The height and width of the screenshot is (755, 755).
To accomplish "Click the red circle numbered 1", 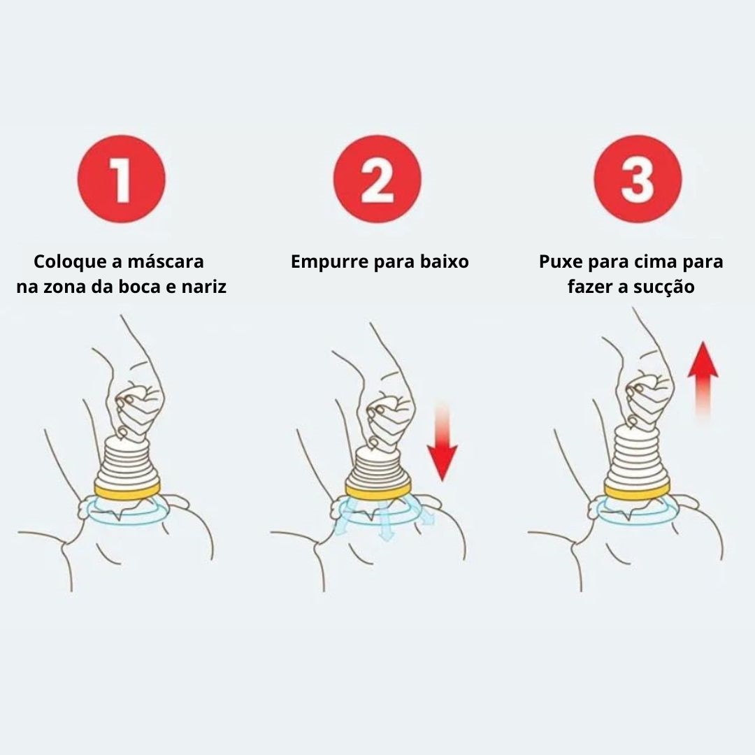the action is [x=122, y=179].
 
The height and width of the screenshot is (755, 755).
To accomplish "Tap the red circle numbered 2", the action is [x=377, y=179].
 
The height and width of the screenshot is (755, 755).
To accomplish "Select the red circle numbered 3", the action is [x=638, y=179].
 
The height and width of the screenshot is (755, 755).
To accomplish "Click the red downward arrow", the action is [x=442, y=440].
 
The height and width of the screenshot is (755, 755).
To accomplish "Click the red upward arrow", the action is [x=703, y=380].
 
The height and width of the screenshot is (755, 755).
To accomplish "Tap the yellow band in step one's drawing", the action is [x=127, y=491].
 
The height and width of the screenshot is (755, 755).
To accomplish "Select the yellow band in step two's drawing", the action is [x=378, y=490].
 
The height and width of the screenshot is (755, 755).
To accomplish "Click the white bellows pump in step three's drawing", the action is [x=638, y=455].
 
